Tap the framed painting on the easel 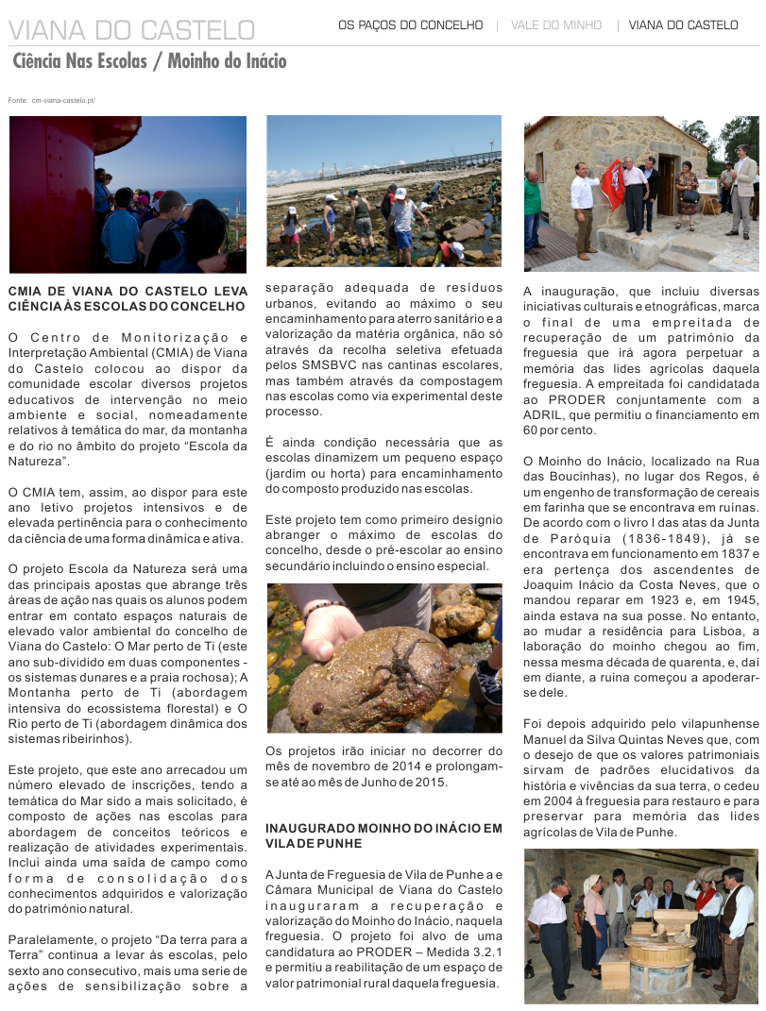[707, 187]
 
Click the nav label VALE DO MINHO [555, 25]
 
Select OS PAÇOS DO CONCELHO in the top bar [410, 25]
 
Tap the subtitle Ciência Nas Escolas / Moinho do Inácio [149, 62]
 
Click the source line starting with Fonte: [51, 100]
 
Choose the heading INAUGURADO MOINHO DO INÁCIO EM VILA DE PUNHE [383, 836]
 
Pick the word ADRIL [544, 414]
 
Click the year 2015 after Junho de [428, 783]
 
